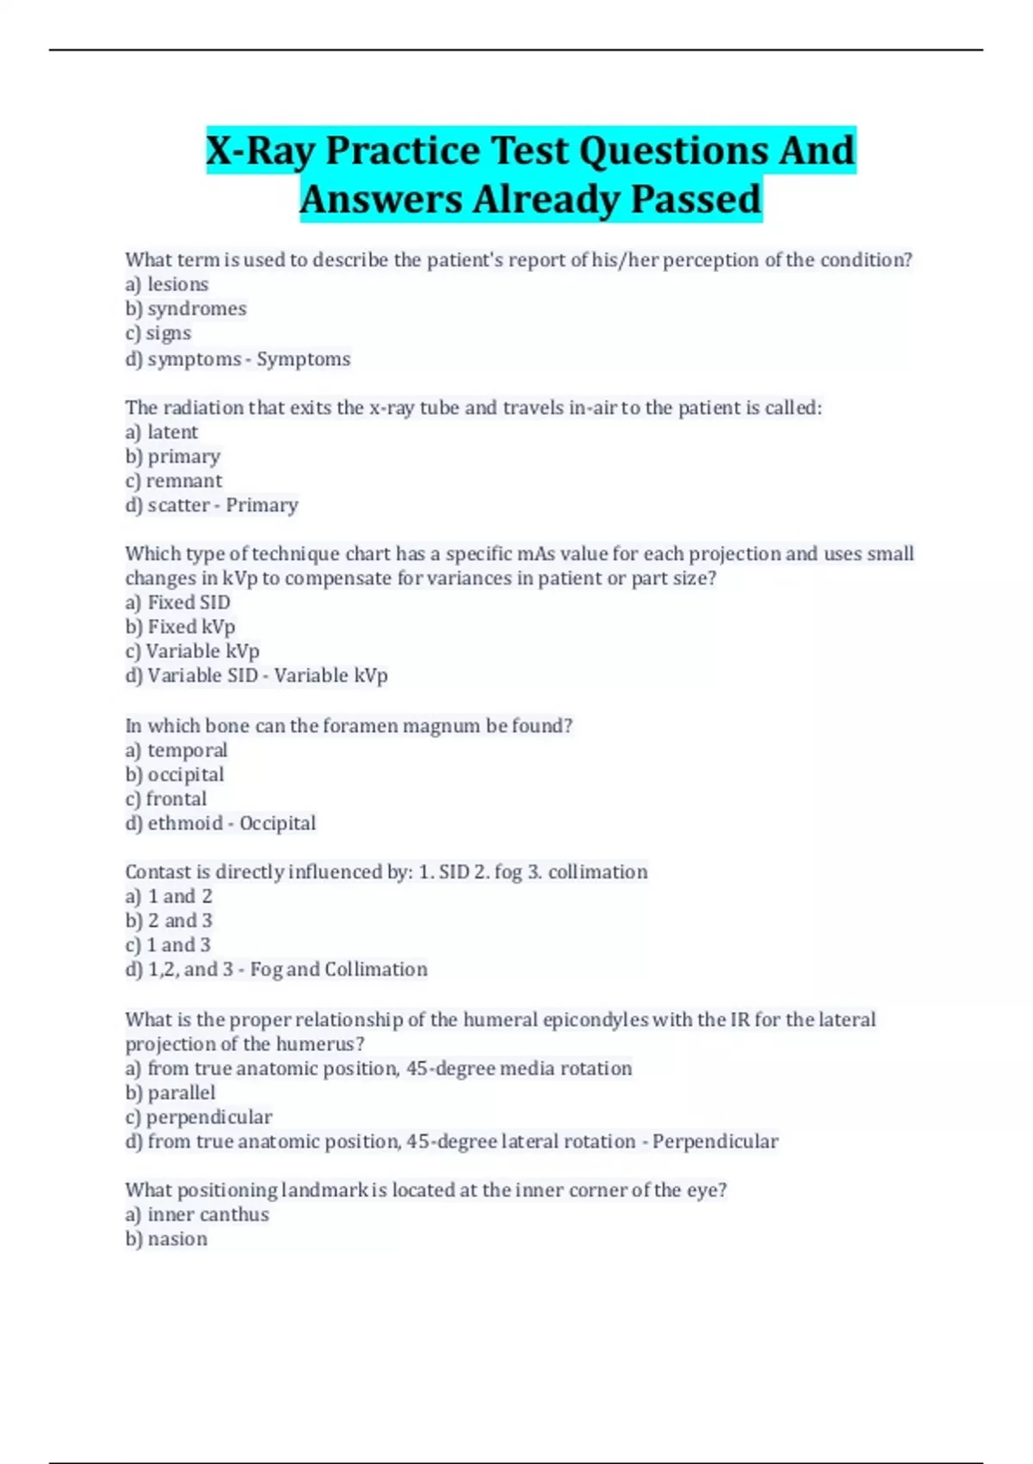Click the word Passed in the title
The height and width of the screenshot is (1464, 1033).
tap(696, 199)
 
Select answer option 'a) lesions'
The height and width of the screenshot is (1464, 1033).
tap(167, 284)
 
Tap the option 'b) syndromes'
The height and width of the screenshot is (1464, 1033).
tap(186, 308)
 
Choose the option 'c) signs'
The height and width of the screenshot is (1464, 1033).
tap(158, 333)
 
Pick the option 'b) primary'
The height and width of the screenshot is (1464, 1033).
tap(173, 456)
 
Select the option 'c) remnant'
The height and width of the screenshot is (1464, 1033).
tap(174, 481)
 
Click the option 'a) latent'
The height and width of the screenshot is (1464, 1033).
tap(162, 432)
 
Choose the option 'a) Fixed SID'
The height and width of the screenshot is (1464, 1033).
tap(178, 603)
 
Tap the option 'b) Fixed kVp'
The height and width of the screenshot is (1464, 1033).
tap(181, 627)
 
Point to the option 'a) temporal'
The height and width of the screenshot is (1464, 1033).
tap(176, 750)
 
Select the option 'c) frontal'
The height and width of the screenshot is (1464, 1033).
tap(166, 799)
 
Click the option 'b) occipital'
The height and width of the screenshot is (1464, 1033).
tap(175, 774)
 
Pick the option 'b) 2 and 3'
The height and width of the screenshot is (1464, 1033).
tap(169, 921)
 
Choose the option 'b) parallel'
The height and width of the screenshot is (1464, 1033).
tap(170, 1093)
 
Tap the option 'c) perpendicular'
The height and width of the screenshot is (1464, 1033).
tap(199, 1117)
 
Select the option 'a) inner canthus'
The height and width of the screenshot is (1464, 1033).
tap(197, 1214)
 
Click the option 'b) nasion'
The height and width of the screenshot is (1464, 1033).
tap(166, 1239)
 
